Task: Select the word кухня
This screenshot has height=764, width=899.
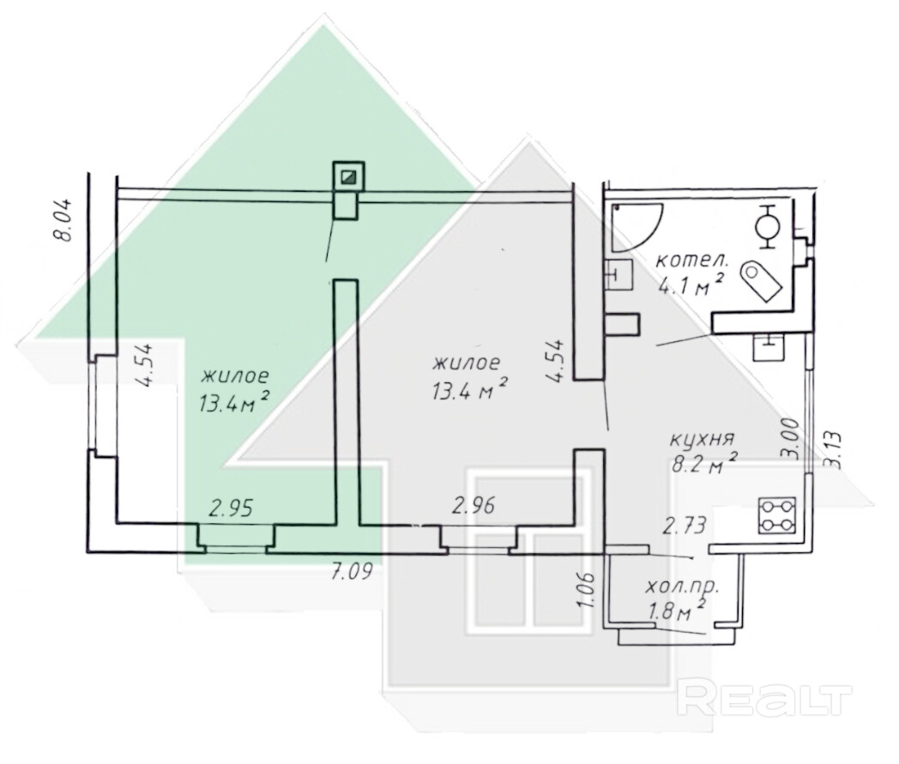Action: pyautogui.click(x=703, y=441)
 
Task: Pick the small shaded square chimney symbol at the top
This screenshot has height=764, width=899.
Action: pyautogui.click(x=349, y=176)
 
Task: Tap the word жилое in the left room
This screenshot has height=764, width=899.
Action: pyautogui.click(x=235, y=376)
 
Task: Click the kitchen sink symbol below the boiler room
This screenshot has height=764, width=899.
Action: pyautogui.click(x=769, y=346)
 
